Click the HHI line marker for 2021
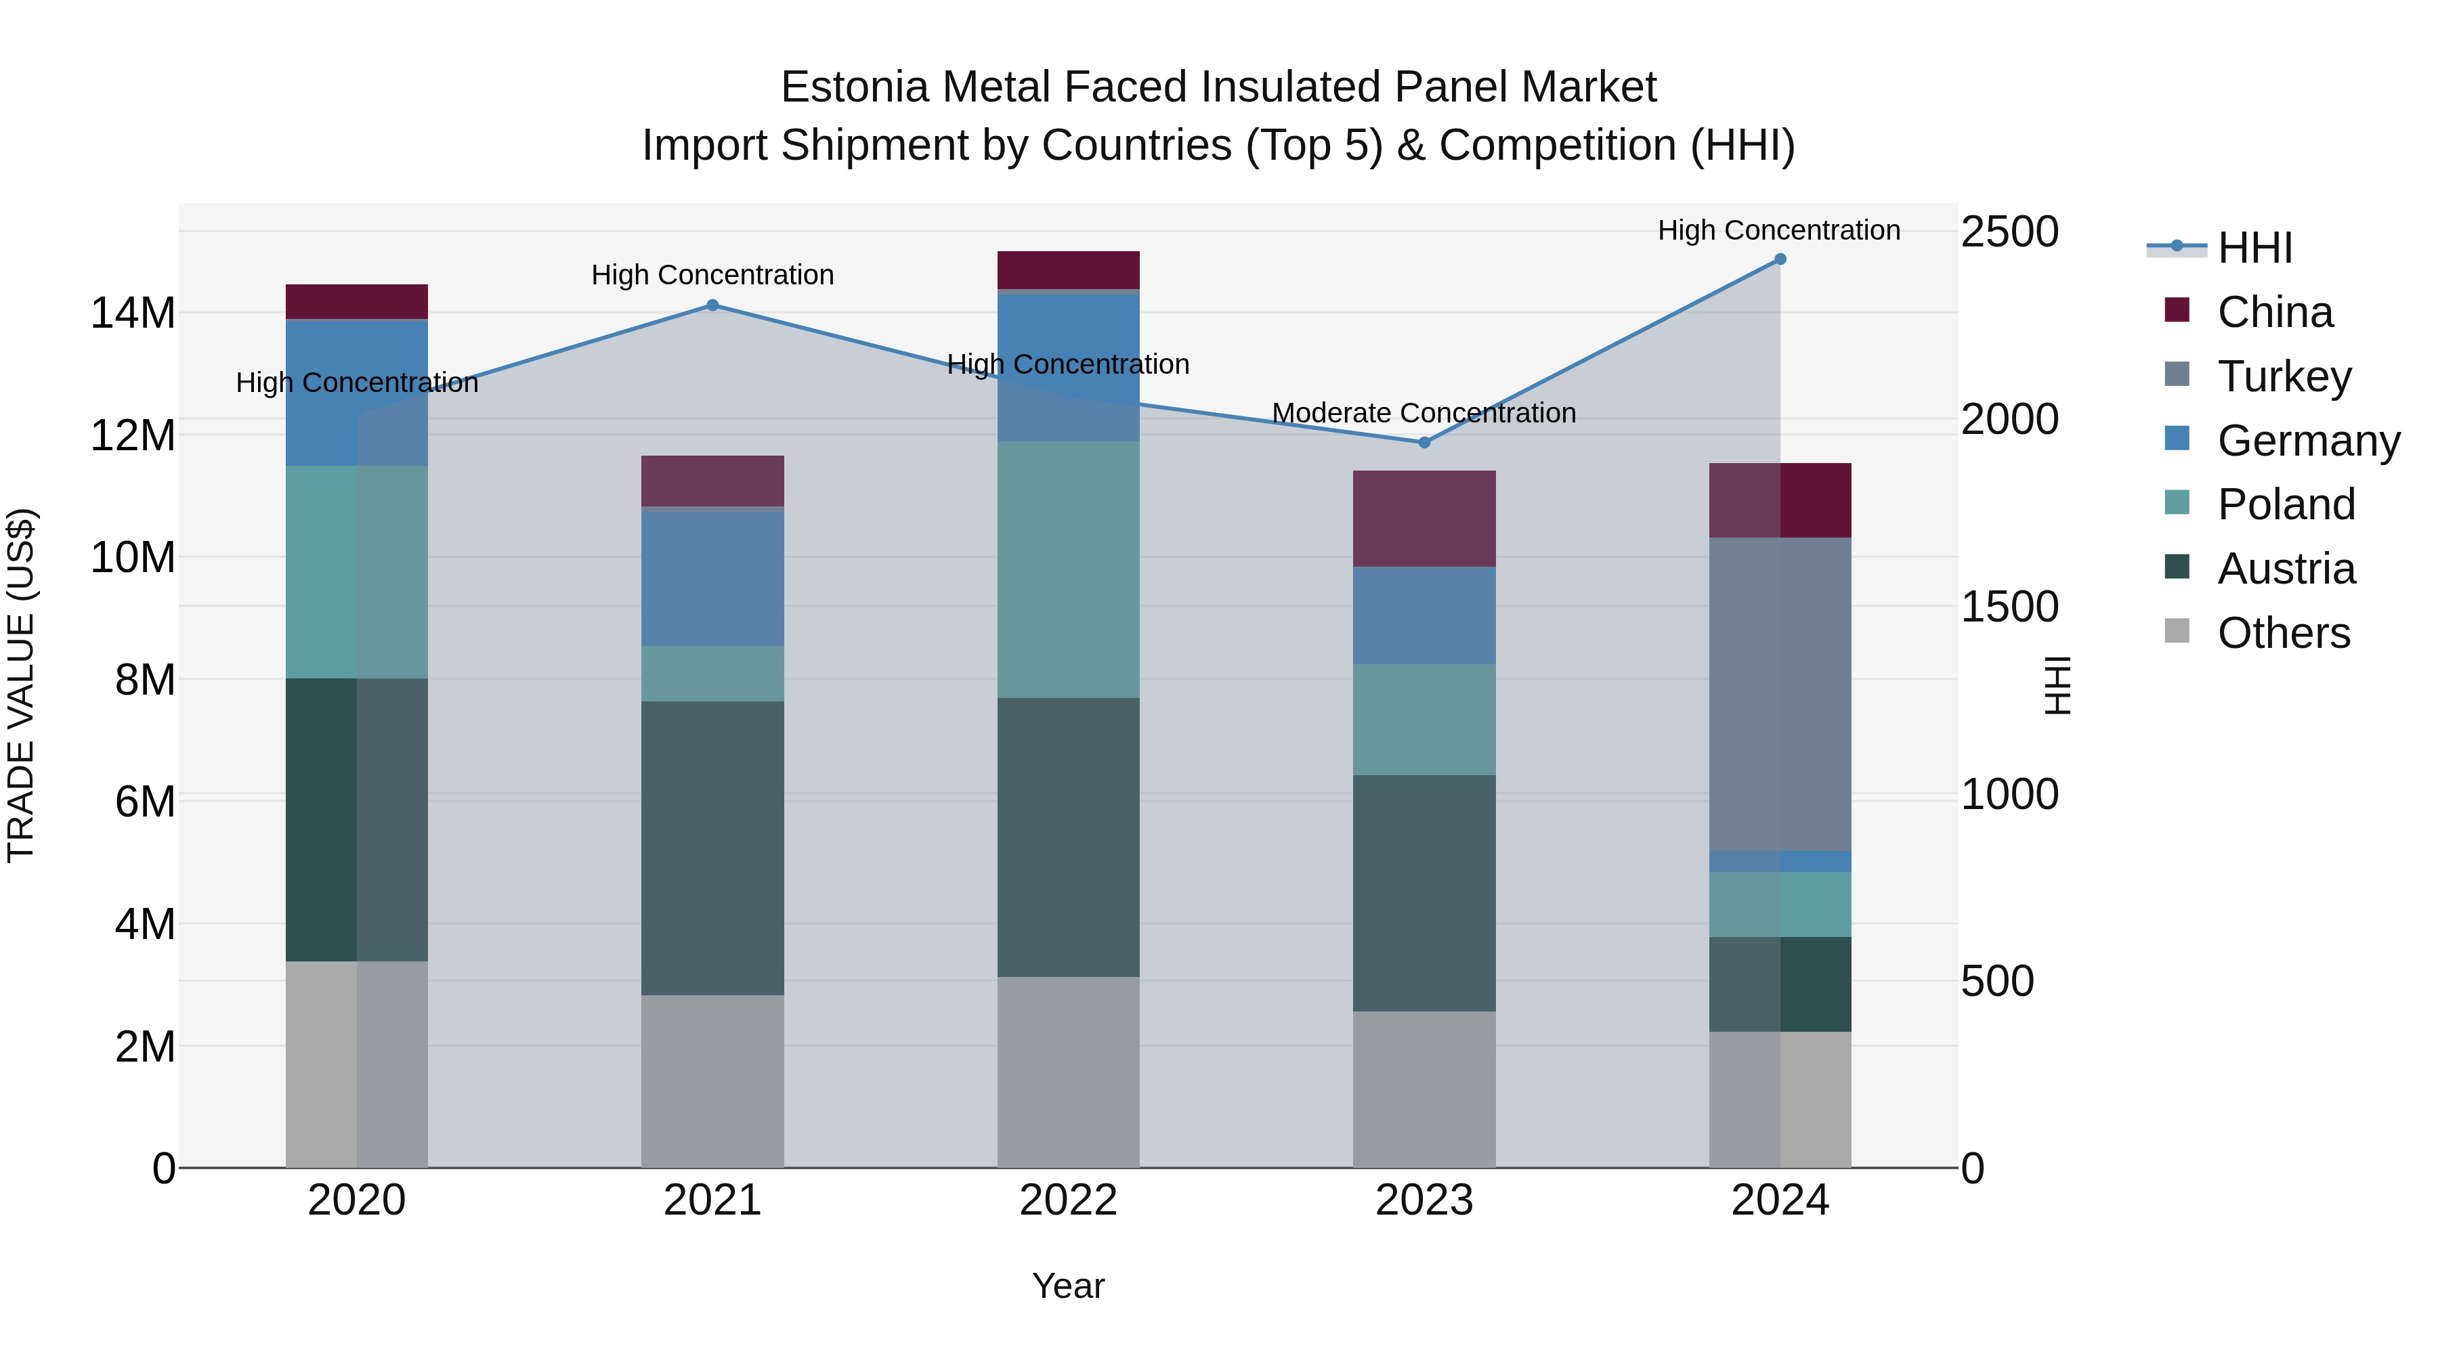[712, 305]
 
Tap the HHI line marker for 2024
[1779, 259]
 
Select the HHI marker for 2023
[1424, 443]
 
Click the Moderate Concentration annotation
[1424, 414]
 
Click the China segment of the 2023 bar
[1424, 519]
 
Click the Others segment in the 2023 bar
[1424, 1089]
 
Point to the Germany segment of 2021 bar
[712, 578]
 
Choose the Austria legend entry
[2285, 569]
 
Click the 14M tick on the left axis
[133, 313]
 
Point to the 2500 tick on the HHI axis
[2009, 232]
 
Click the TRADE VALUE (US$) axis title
[21, 685]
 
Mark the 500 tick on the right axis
[1997, 981]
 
